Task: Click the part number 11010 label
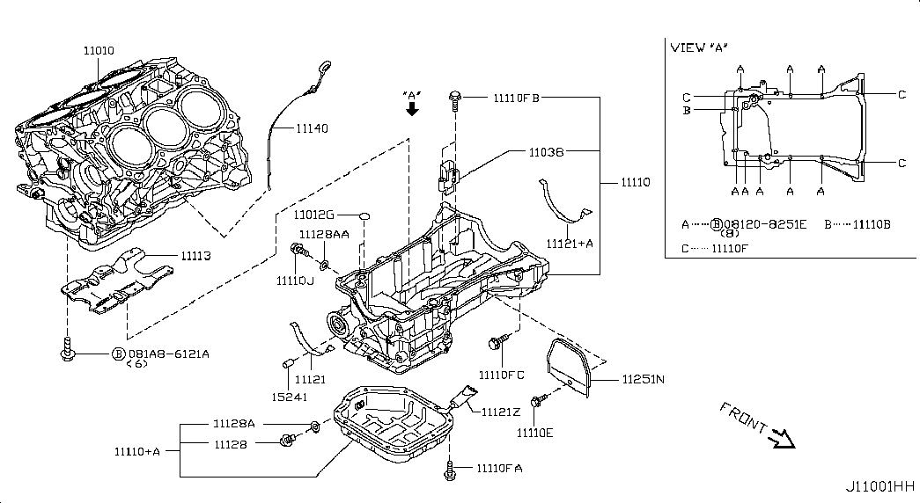click(99, 52)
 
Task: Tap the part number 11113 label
click(198, 256)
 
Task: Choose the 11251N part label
click(643, 380)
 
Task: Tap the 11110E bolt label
click(537, 434)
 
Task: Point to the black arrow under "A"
click(411, 109)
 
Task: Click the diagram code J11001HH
click(880, 486)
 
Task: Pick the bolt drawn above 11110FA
click(450, 471)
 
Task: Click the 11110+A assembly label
click(136, 451)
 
